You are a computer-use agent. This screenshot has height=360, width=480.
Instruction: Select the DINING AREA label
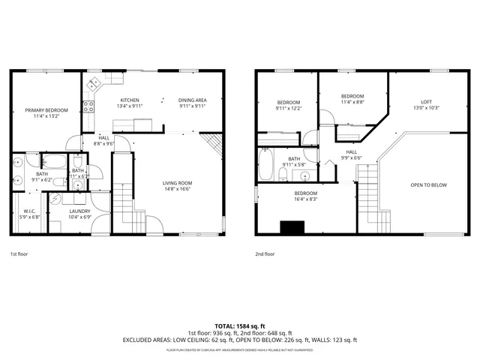tap(192, 100)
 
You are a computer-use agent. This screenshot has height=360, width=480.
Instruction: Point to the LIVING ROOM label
tap(178, 183)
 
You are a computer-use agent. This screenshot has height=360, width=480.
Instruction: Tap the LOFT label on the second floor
tap(426, 102)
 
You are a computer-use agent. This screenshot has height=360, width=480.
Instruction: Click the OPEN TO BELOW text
tap(428, 185)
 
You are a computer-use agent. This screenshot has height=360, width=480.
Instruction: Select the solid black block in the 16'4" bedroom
tap(291, 227)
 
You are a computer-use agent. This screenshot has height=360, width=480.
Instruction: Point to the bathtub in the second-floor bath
tap(265, 163)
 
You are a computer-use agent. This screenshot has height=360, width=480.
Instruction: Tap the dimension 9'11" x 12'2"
tap(289, 109)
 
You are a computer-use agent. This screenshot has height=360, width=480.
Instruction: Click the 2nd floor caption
tap(265, 254)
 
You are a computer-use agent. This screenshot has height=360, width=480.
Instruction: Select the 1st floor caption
tap(19, 254)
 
